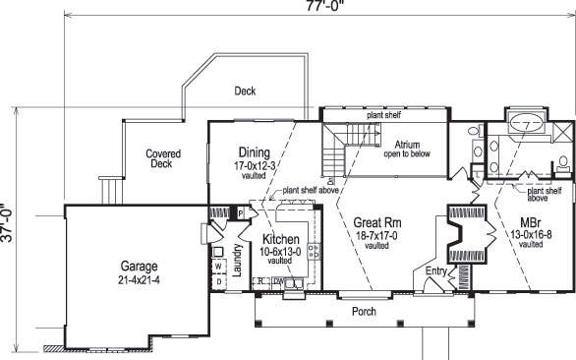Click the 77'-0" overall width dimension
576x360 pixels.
tap(317, 6)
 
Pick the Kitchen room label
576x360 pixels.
tap(280, 240)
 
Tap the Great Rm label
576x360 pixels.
tap(374, 223)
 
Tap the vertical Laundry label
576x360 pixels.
tap(236, 262)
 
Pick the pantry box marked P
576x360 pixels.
tap(239, 213)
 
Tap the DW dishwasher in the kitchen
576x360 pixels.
tap(279, 281)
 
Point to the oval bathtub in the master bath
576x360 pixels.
tap(527, 125)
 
